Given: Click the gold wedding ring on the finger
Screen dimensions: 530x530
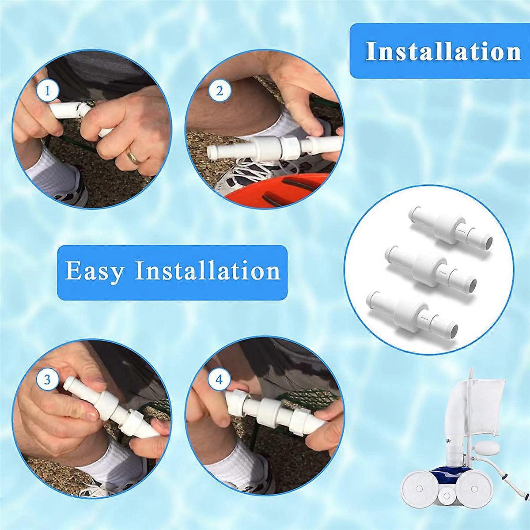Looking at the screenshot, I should (132, 155).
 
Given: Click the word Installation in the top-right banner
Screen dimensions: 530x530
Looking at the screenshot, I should (443, 51).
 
